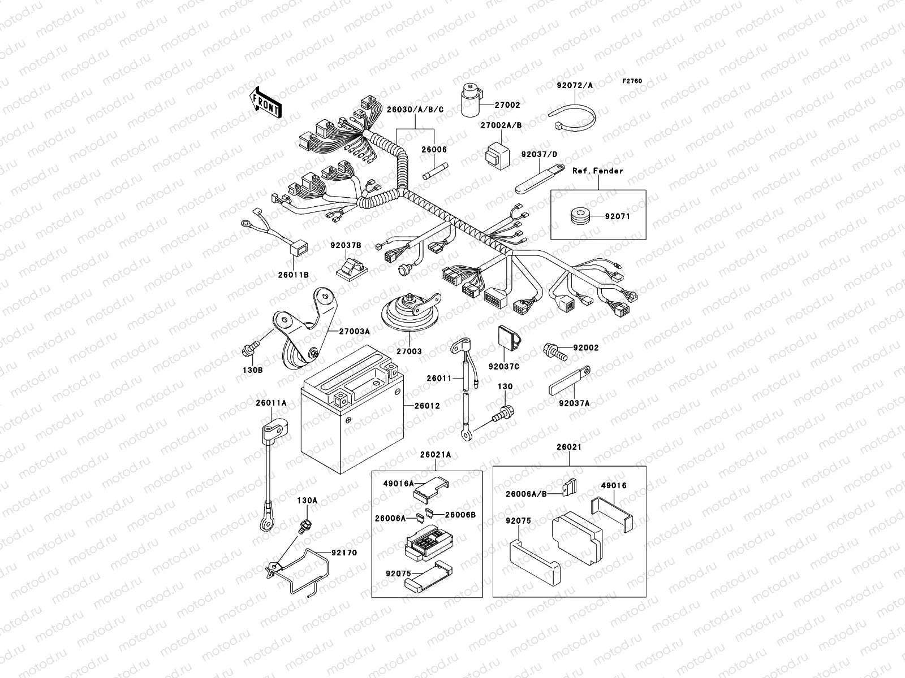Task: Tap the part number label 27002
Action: pos(507,105)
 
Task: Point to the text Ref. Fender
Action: pos(597,171)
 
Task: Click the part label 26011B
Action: pos(292,275)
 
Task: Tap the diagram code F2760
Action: pos(632,81)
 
